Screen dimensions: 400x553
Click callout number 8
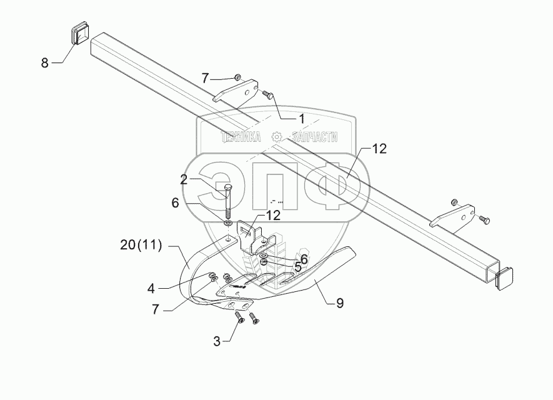pos(44,62)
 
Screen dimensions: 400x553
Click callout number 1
pos(301,117)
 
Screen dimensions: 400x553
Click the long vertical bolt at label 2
pos(226,200)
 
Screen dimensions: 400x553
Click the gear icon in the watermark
pos(277,137)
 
